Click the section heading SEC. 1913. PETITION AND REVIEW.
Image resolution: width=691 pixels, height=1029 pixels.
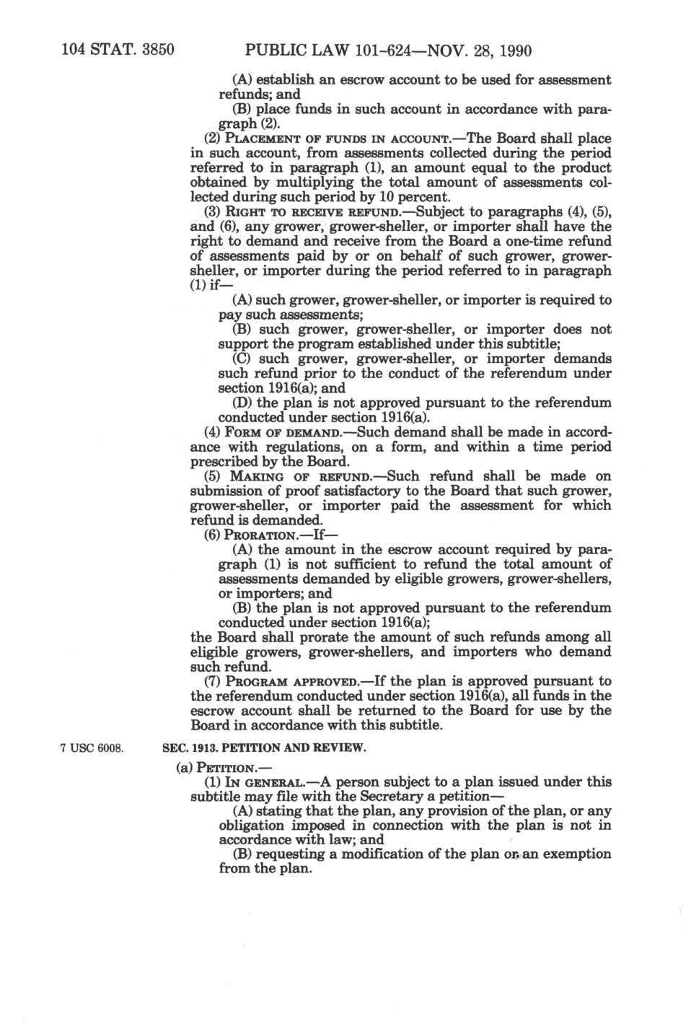[x=266, y=748]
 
